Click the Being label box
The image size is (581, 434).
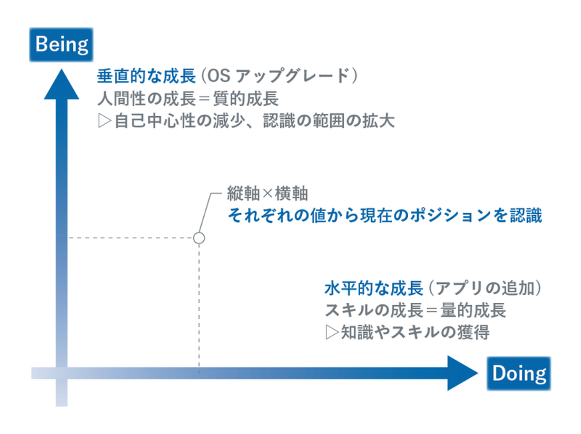coord(61,44)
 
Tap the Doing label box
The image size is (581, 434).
coord(519,373)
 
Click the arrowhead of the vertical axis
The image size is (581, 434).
coord(61,84)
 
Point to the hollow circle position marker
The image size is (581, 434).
coord(199,238)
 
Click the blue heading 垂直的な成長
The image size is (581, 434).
coord(146,76)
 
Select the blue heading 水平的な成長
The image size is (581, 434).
coord(374,288)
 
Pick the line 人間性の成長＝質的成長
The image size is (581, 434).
coord(188,99)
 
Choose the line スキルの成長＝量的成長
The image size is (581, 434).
coord(415,310)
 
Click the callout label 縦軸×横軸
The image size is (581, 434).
coord(268,193)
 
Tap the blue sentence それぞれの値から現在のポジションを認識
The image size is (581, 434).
coord(385,215)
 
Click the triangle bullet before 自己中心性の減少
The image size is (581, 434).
coord(104,121)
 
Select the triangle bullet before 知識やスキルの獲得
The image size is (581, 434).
coord(332,333)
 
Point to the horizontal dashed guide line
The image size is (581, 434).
coord(127,238)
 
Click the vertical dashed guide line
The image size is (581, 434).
coord(199,308)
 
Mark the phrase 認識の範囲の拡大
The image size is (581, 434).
coord(329,121)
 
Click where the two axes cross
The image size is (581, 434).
coord(61,373)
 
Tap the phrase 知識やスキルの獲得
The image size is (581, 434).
coord(415,333)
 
